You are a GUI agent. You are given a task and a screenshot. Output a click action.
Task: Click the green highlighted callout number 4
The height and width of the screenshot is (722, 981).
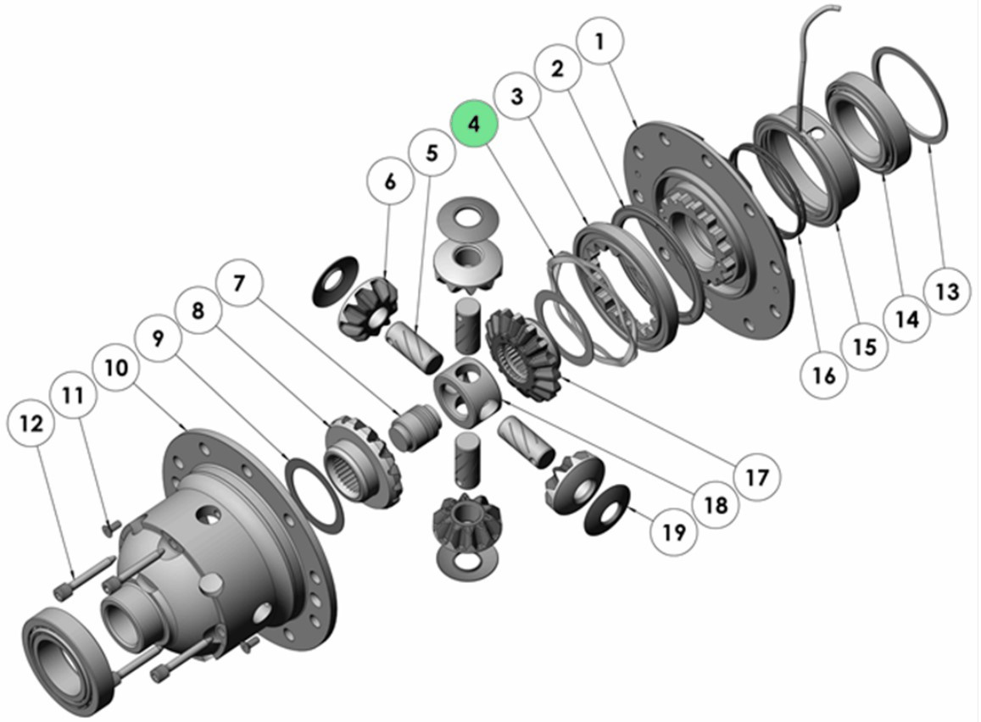474,123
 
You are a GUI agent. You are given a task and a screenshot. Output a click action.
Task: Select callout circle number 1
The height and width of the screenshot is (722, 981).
600,42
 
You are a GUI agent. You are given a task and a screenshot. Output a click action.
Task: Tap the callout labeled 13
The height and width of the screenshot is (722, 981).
946,292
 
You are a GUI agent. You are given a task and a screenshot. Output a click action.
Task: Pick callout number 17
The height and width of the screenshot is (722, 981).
756,478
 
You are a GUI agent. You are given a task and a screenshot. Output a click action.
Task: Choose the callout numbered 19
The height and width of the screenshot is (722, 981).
673,532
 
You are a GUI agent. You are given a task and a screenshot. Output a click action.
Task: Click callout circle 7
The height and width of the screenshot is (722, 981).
238,284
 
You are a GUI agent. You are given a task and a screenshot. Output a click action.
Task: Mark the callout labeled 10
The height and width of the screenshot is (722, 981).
116,368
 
